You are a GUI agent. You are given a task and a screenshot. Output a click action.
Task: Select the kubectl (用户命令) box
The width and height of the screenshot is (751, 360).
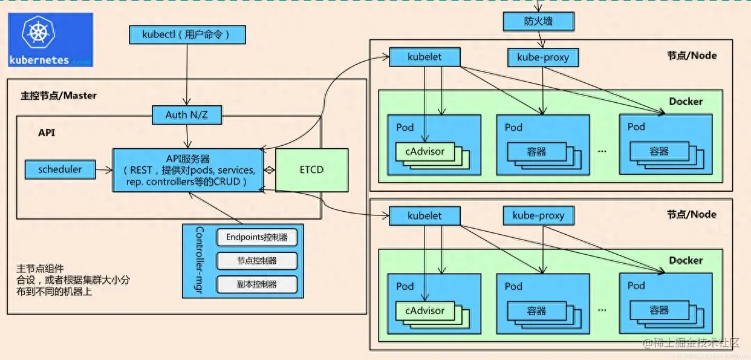point(187,34)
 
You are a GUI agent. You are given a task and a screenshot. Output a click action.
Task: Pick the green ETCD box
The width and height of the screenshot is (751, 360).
point(311,169)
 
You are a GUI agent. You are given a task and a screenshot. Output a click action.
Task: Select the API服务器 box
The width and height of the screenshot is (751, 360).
point(187,170)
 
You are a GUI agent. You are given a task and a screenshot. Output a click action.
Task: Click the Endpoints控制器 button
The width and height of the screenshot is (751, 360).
point(257,237)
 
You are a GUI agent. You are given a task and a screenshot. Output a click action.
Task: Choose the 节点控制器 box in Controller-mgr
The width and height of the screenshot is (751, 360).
point(257,261)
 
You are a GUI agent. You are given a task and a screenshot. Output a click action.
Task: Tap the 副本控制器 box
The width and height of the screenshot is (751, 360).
point(257,284)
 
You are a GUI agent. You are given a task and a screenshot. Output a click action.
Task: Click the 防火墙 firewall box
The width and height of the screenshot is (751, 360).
point(538,21)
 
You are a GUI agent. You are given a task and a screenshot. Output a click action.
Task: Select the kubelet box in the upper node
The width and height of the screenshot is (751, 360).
point(424,57)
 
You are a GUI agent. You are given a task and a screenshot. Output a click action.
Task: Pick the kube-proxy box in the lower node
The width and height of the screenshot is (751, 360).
point(538,215)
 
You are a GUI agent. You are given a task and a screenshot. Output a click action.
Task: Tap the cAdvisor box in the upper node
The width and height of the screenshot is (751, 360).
point(424,152)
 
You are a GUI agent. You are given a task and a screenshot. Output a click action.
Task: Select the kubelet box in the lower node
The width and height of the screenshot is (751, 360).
point(424,215)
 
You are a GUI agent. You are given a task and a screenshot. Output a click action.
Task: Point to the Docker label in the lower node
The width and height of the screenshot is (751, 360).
point(686,260)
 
